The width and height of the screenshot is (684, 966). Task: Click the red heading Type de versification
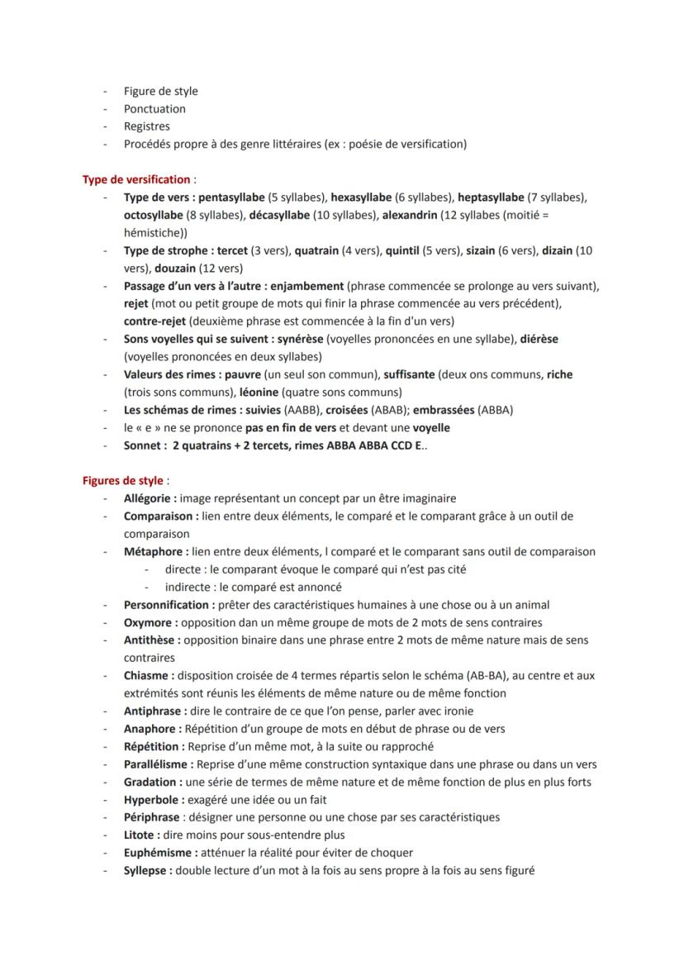tap(136, 179)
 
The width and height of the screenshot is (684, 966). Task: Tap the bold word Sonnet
tap(143, 446)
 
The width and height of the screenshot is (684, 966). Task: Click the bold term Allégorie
tap(150, 499)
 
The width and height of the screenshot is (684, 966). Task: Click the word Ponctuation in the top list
tap(154, 109)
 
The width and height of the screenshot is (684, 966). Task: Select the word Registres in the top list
tap(146, 126)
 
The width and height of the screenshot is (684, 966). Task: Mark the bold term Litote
tap(141, 835)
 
